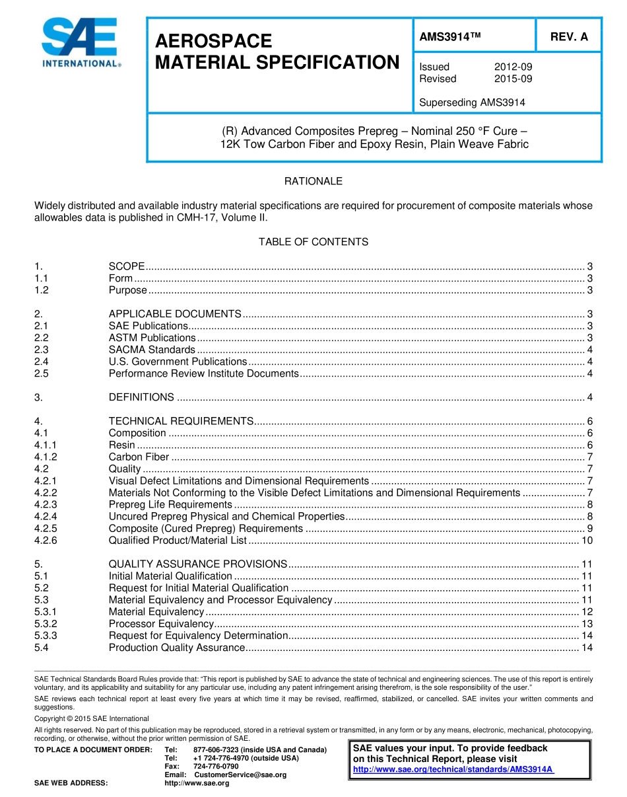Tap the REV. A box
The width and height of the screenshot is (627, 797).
569,37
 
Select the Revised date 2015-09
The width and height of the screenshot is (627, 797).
513,79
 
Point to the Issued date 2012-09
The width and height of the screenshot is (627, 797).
513,67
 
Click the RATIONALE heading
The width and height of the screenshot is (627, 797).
313,181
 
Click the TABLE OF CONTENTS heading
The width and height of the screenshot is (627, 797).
313,242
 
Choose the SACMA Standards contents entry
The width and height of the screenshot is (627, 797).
152,350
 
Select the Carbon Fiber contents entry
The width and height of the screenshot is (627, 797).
139,457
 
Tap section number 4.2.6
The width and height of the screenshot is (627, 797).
46,541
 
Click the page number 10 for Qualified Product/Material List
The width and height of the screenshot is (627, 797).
587,541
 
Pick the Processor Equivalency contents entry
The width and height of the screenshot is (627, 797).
160,624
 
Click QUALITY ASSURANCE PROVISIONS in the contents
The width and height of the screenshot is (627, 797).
197,564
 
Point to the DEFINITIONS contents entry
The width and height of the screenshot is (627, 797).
141,397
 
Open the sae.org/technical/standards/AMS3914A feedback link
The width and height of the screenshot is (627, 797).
453,770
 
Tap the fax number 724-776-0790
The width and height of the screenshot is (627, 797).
216,766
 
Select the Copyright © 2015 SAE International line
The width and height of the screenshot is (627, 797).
92,718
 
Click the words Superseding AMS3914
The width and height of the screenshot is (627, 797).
472,102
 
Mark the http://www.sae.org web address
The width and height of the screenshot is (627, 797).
196,783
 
